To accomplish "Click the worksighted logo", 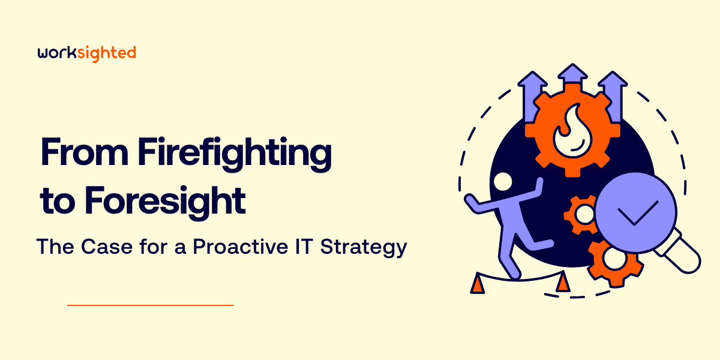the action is click(87, 53).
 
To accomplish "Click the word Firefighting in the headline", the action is click(235, 154).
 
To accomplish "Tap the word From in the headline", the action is click(84, 152).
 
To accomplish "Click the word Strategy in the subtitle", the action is click(364, 247).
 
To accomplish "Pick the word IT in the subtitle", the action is click(304, 247).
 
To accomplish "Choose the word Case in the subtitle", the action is click(107, 247).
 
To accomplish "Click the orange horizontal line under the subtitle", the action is click(150, 305).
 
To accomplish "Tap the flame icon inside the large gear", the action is click(573, 133).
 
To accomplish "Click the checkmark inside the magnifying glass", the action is click(638, 213).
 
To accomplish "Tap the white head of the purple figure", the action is click(503, 182).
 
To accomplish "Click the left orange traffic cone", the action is click(478, 283).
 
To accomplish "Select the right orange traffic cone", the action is click(563, 281).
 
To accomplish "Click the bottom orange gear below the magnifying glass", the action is click(615, 263).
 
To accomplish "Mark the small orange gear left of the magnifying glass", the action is click(582, 215).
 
